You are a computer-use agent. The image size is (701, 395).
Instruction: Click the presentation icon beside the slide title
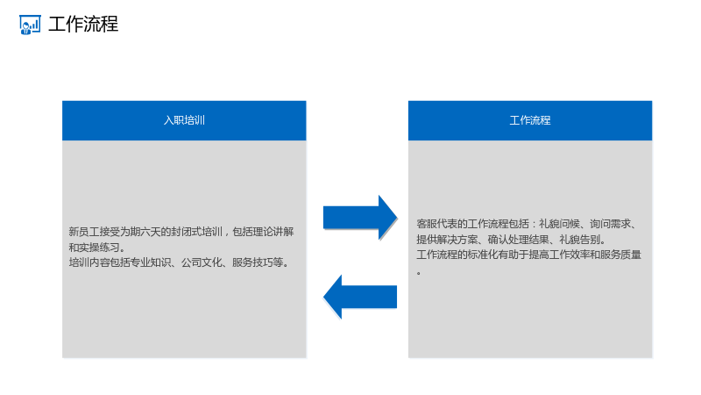click(30, 25)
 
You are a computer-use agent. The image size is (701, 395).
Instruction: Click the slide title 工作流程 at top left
click(83, 25)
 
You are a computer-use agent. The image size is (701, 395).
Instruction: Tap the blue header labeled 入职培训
click(184, 120)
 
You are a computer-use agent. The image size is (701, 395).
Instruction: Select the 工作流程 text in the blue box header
click(530, 120)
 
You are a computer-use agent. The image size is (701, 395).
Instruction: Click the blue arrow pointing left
click(360, 297)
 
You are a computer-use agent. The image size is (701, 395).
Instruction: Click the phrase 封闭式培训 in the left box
click(196, 232)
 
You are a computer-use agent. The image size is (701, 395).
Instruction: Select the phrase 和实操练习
click(94, 248)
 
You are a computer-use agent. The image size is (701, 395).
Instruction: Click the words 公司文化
click(202, 262)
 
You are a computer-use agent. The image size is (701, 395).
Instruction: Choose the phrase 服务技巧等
click(258, 262)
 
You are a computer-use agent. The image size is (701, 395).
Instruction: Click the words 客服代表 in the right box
click(436, 224)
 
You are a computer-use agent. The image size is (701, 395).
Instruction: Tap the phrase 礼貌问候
click(559, 224)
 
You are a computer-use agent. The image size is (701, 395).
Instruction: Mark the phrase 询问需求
click(610, 224)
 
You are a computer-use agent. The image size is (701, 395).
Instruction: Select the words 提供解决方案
click(447, 240)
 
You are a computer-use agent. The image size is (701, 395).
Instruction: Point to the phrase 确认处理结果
click(518, 240)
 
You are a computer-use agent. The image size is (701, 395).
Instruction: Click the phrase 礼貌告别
click(579, 240)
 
